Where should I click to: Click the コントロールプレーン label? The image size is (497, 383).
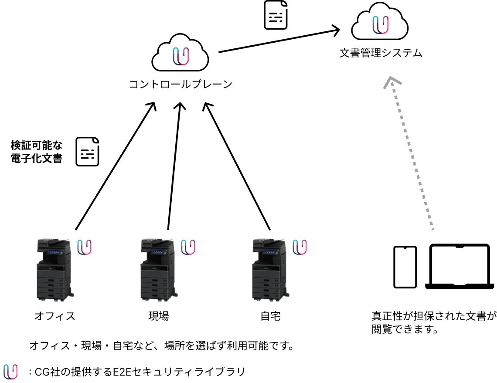(x=180, y=84)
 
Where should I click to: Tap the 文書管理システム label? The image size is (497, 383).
(x=381, y=53)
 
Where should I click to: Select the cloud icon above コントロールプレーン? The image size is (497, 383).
(x=180, y=52)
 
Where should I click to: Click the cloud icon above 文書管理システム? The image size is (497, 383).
(x=380, y=21)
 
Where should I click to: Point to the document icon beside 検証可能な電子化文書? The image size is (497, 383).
(x=88, y=152)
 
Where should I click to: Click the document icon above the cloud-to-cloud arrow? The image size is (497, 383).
(x=276, y=15)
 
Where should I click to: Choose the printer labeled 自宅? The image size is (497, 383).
(x=270, y=270)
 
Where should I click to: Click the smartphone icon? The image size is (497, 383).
(x=405, y=267)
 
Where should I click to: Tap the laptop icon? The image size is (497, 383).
(x=460, y=266)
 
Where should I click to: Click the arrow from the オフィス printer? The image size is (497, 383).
(x=116, y=166)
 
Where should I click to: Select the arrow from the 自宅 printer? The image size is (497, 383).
(x=236, y=166)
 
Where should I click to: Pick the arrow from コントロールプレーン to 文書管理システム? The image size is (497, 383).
(x=279, y=40)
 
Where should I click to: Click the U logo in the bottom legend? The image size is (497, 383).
(x=10, y=372)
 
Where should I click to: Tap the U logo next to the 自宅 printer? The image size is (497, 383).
(x=300, y=247)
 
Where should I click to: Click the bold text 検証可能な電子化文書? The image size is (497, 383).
(x=37, y=152)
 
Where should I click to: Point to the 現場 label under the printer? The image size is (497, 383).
(x=159, y=316)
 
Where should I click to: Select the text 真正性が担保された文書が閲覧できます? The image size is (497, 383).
(x=434, y=322)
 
